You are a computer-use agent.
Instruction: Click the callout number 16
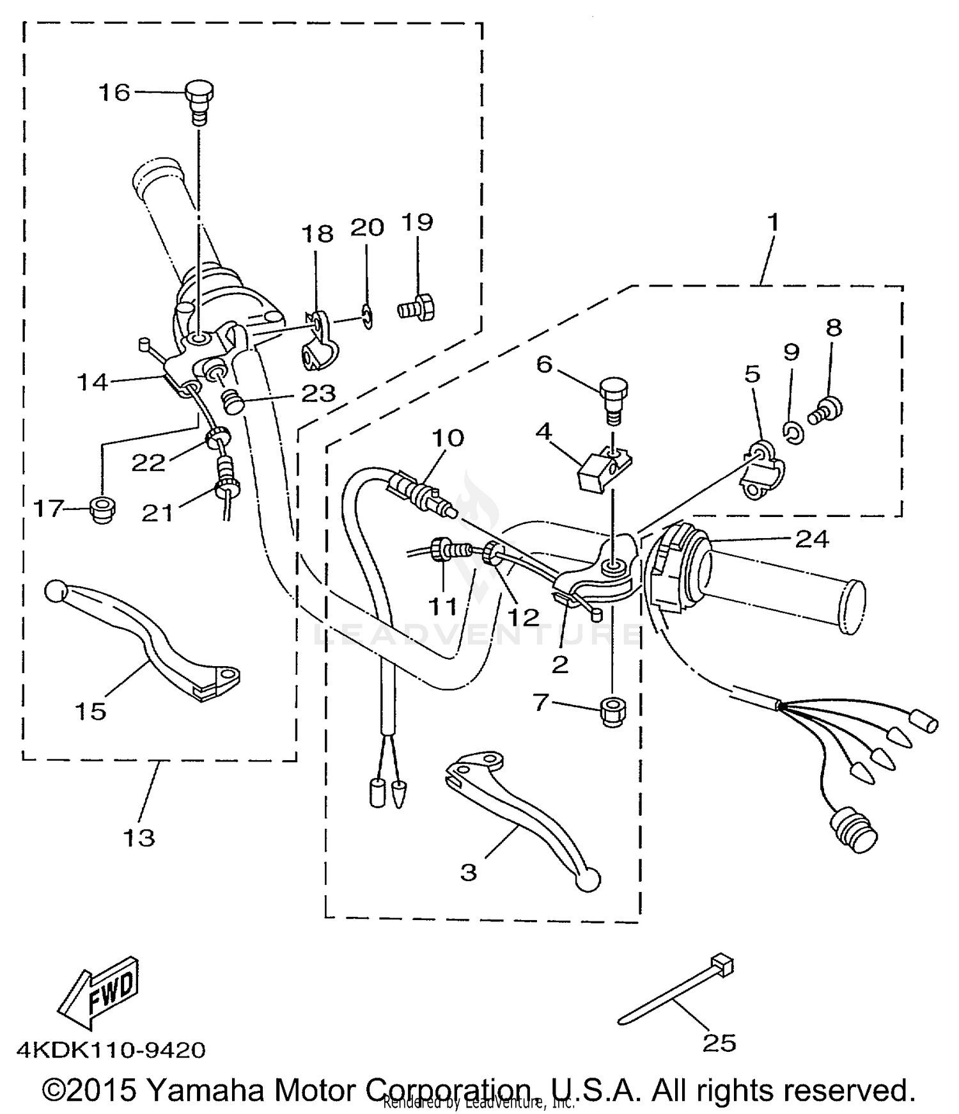point(114,93)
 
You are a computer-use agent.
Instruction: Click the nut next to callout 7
point(612,711)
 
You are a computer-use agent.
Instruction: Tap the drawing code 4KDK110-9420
point(111,1049)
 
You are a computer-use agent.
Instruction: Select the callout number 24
point(811,539)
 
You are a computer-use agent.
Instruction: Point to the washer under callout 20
point(367,317)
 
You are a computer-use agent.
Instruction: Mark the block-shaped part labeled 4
point(604,469)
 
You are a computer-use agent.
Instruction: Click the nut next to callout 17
point(103,511)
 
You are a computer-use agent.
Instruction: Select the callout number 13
point(139,837)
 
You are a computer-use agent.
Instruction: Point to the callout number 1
point(773,223)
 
